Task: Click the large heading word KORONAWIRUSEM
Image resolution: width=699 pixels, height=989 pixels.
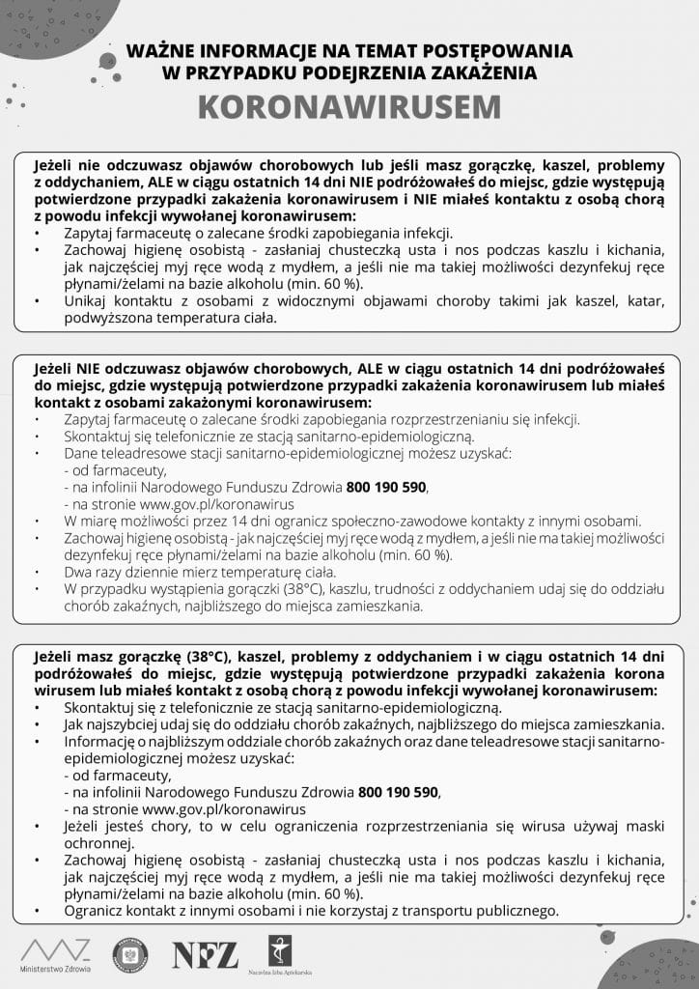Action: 349,107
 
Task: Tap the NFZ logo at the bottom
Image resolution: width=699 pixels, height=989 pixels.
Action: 205,953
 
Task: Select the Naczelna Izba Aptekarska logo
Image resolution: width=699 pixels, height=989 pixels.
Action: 276,950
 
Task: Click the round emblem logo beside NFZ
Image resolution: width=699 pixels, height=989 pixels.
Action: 130,953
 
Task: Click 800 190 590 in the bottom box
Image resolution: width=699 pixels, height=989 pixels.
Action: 399,792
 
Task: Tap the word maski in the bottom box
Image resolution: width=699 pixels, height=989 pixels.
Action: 642,827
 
